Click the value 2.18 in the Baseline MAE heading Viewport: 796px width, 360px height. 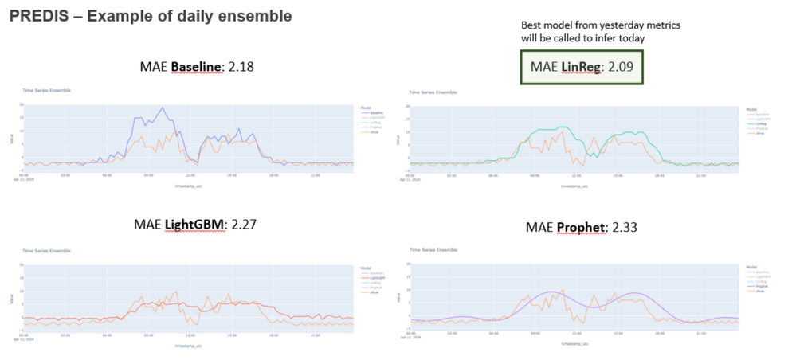pos(241,67)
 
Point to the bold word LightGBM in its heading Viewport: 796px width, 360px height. pos(194,225)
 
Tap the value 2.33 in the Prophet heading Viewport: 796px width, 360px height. pos(624,228)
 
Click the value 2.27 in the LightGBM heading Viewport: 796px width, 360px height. pos(242,225)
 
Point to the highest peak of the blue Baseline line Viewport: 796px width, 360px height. pos(163,108)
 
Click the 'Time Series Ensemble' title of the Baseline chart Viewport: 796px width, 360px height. pos(46,91)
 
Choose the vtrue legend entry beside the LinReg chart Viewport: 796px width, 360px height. pos(760,131)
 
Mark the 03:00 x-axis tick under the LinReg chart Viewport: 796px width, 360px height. pos(453,175)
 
